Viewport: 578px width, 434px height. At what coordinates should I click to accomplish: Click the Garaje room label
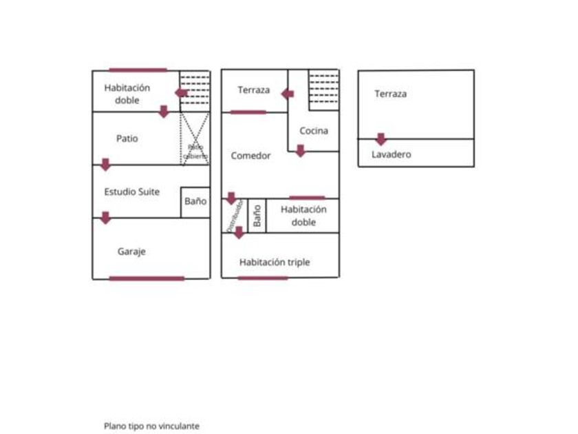[131, 252]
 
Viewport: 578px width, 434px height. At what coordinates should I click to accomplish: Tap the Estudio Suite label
[131, 192]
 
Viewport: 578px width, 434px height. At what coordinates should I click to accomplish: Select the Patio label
[127, 138]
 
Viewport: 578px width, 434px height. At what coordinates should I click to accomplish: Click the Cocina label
[314, 131]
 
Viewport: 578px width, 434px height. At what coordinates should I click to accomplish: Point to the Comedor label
[250, 156]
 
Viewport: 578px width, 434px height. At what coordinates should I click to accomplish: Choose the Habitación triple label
[275, 262]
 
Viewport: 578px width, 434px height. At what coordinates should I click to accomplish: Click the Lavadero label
[392, 154]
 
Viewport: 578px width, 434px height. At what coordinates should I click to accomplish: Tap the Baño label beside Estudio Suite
[195, 202]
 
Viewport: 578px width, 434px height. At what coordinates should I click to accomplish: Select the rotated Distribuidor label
[233, 215]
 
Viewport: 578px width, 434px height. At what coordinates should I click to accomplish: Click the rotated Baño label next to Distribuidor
[257, 216]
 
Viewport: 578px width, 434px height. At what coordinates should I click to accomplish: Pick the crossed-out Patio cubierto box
[195, 139]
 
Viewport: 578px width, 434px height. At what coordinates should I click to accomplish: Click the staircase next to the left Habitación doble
[195, 90]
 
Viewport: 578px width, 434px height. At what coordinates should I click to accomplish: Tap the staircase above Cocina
[323, 90]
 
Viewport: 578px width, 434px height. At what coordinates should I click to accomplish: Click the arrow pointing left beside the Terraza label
[287, 92]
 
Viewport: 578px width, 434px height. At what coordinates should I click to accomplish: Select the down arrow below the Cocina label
[300, 150]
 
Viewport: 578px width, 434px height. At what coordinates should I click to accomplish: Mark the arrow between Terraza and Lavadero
[381, 139]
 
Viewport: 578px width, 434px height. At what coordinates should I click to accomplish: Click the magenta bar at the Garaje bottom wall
[147, 278]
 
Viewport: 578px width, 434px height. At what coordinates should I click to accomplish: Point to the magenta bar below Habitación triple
[263, 278]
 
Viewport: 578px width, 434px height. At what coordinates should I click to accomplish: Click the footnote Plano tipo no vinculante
[151, 426]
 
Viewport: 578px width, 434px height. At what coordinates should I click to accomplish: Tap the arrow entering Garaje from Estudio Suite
[105, 218]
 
